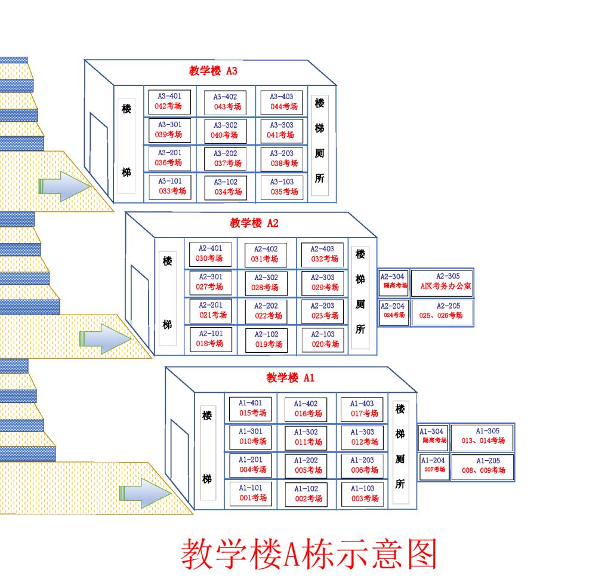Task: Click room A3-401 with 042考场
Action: click(x=169, y=101)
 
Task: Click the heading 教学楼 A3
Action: click(x=213, y=71)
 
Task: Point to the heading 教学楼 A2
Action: click(x=254, y=223)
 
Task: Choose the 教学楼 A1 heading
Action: click(x=290, y=377)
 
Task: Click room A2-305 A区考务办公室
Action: click(x=442, y=281)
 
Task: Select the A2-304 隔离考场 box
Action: click(x=394, y=281)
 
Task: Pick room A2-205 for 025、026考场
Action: click(x=442, y=311)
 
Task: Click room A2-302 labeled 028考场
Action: click(x=266, y=282)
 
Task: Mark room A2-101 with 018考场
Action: click(x=210, y=338)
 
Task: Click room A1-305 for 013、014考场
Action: click(x=482, y=436)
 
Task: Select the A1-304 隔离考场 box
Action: click(x=433, y=436)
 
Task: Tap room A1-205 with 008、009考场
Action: click(x=482, y=466)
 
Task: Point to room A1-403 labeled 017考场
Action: click(x=362, y=408)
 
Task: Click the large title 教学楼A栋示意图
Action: click(x=309, y=554)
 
